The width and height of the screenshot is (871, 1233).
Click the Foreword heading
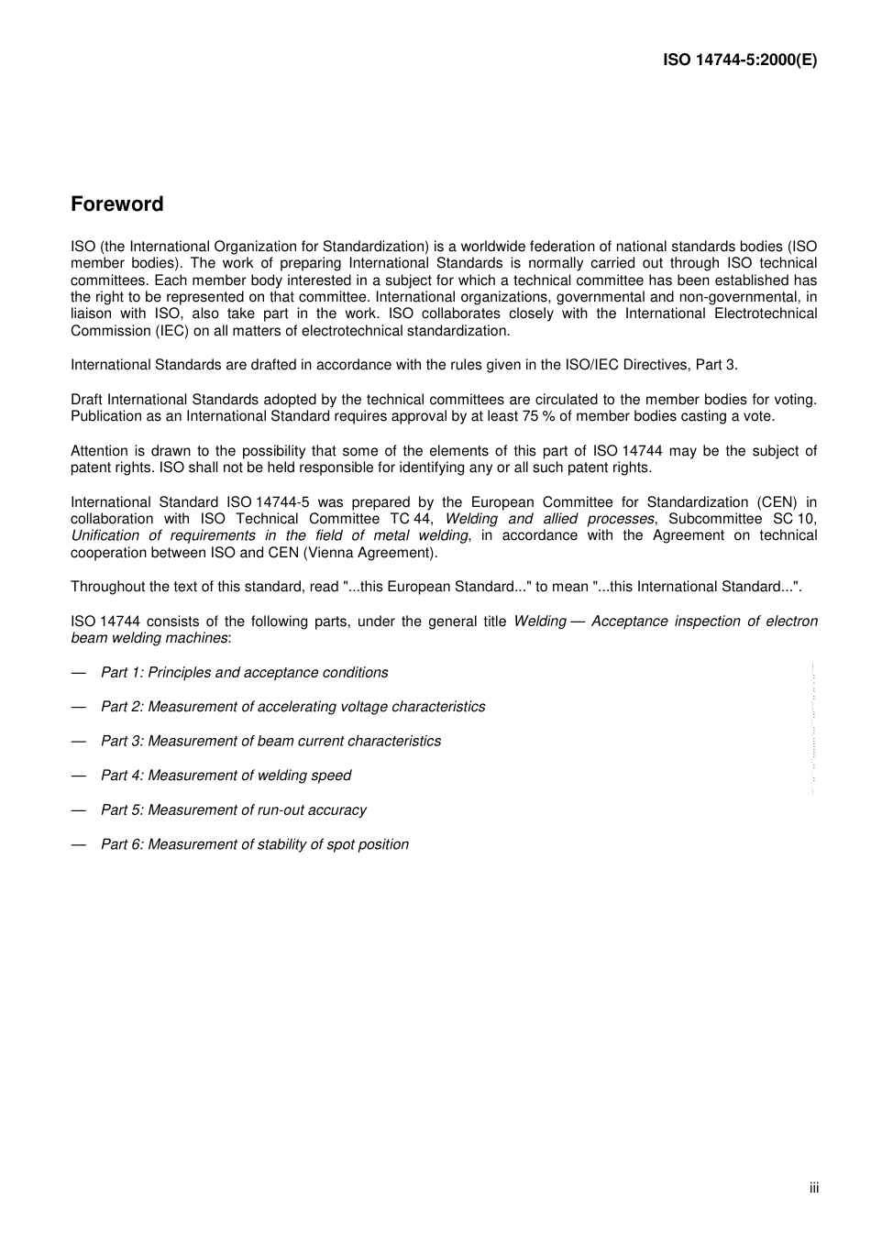(x=117, y=204)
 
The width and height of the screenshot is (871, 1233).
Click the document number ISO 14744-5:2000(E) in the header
(x=740, y=60)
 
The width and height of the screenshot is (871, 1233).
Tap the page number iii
(x=814, y=1188)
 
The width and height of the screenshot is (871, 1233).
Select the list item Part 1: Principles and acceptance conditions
(x=244, y=673)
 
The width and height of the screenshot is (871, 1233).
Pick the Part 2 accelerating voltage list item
(x=292, y=707)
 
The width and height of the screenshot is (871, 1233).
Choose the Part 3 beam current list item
(x=270, y=742)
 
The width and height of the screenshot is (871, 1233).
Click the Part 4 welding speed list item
(x=226, y=776)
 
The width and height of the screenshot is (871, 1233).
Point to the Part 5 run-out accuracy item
(x=233, y=810)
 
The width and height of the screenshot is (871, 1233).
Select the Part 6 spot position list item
(x=254, y=844)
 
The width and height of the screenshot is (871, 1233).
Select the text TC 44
(x=411, y=519)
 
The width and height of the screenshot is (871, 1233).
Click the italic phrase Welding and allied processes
(x=549, y=519)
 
